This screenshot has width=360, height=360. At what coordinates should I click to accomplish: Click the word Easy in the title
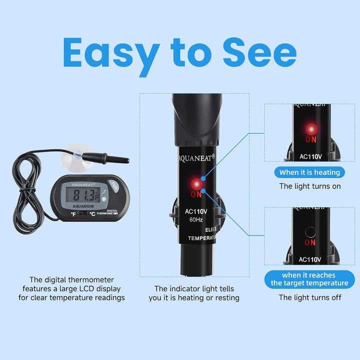111,52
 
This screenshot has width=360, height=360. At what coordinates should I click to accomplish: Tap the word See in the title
259,52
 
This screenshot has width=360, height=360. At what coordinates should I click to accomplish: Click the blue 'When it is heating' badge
309,172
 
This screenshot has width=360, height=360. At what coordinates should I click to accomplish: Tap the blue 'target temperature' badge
309,279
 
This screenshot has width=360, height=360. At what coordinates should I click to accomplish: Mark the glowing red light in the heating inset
310,128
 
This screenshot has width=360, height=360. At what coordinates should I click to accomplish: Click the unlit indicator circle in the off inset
310,231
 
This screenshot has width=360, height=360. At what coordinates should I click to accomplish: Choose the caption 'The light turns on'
309,186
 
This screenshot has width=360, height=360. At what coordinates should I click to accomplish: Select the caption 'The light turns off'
309,297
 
